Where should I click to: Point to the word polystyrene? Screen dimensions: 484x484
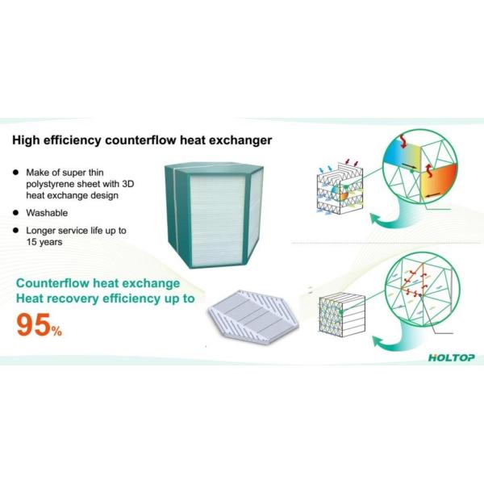point(59,184)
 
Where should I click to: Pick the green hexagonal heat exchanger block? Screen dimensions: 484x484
point(213,215)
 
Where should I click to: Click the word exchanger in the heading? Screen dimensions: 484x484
point(239,140)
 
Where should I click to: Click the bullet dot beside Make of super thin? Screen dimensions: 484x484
point(18,172)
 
